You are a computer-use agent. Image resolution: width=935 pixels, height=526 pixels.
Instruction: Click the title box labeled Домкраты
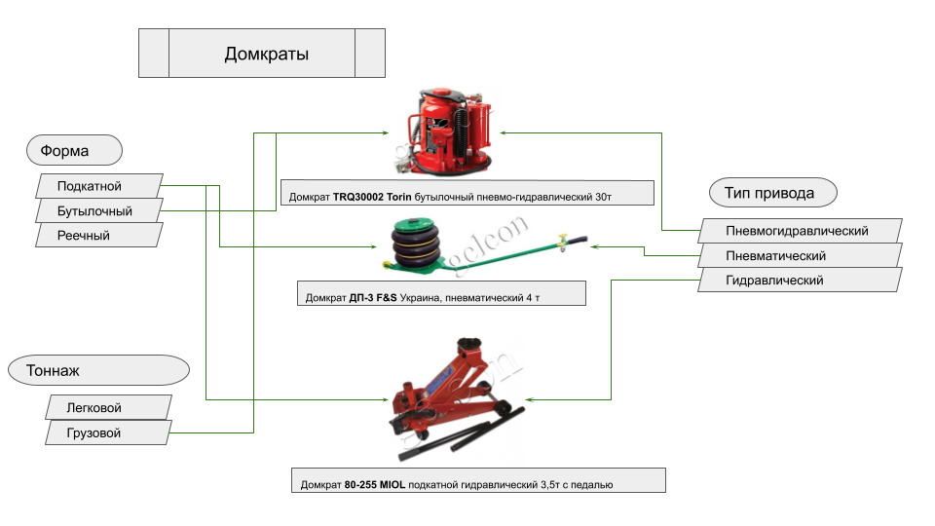click(262, 54)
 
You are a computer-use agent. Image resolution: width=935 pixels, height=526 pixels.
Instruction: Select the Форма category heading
click(73, 151)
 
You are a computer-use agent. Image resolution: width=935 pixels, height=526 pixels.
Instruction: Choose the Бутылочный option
click(95, 210)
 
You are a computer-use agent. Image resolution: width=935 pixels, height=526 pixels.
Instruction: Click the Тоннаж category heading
click(97, 370)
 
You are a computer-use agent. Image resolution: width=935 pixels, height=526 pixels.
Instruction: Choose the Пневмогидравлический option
click(799, 231)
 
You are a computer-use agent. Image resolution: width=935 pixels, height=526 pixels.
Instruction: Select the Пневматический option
click(799, 255)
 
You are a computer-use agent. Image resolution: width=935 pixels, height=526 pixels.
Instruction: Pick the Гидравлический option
click(799, 280)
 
